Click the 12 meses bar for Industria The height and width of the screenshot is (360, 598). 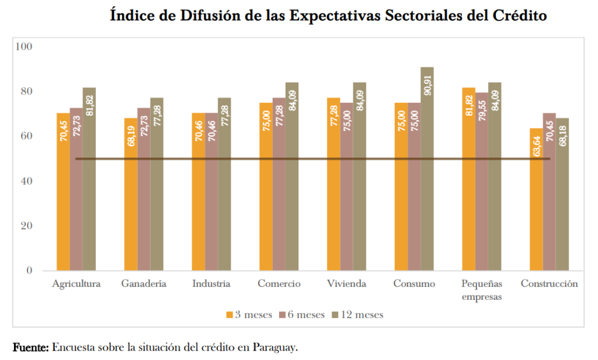pos(224,187)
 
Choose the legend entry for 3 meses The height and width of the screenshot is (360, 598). pos(249,314)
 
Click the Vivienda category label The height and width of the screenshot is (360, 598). pos(346,285)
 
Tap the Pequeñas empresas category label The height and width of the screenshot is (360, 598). pos(482,290)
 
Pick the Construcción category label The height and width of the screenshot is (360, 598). pos(550,285)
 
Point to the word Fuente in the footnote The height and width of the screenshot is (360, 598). pos(29,347)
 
